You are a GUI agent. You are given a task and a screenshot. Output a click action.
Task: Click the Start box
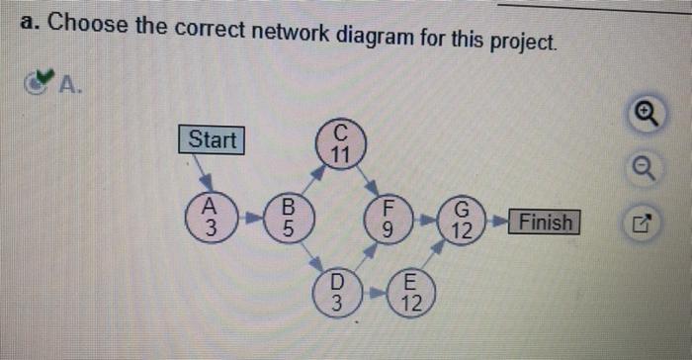click(x=213, y=139)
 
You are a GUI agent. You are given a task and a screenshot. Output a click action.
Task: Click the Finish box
click(x=546, y=222)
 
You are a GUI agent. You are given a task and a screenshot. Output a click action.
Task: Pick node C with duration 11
click(x=340, y=144)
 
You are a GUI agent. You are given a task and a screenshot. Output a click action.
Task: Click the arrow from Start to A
click(x=204, y=175)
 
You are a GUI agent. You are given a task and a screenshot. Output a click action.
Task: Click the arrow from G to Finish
click(x=498, y=222)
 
